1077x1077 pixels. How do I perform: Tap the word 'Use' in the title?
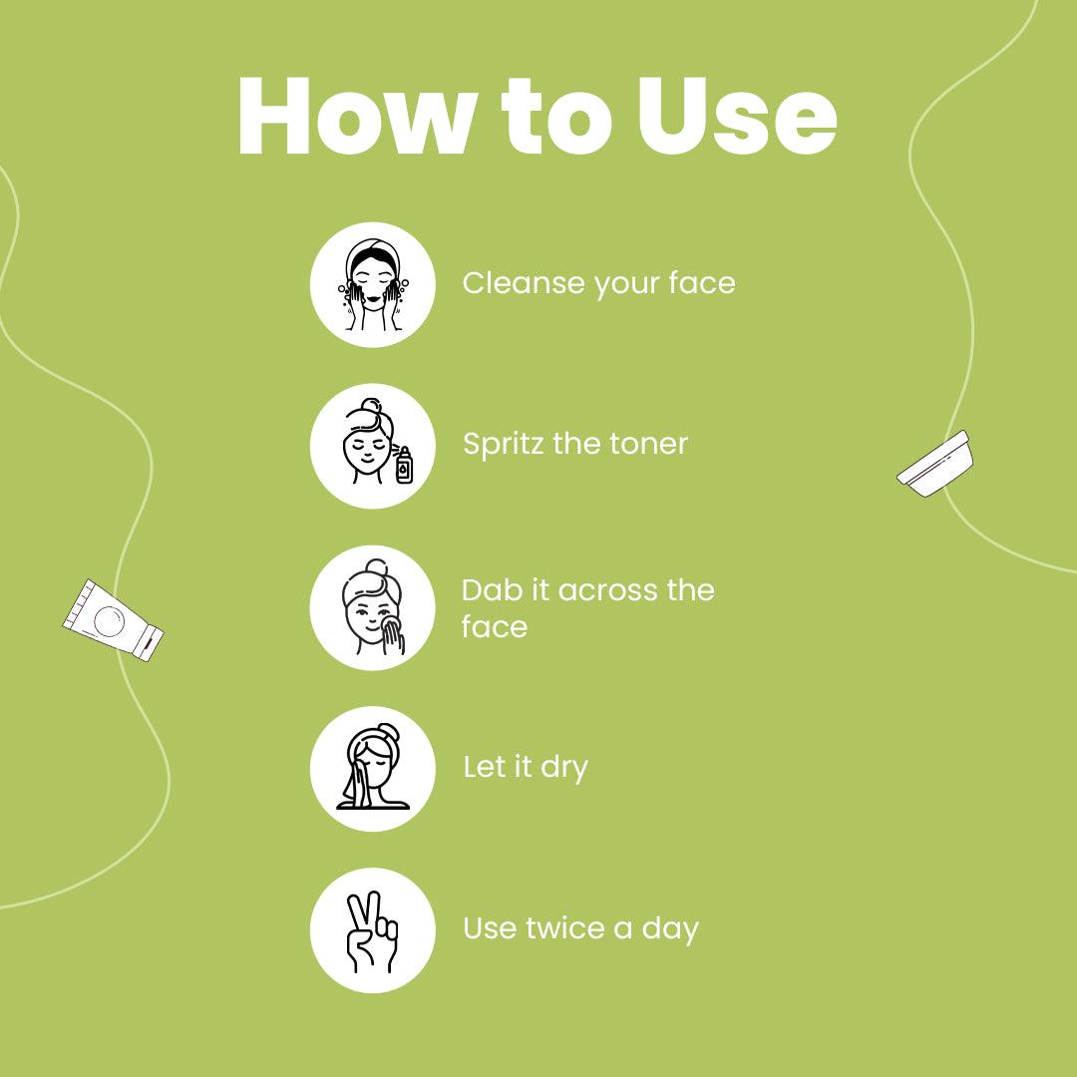point(737,116)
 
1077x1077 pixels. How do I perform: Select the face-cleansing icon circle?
point(372,284)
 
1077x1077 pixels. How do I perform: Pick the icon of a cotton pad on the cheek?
point(372,607)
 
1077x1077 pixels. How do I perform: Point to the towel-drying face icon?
point(372,769)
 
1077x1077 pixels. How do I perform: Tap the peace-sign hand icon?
point(372,930)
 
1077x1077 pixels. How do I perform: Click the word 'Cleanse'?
point(524,283)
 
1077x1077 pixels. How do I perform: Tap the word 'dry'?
point(564,768)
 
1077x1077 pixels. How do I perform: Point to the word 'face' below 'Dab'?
point(495,627)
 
